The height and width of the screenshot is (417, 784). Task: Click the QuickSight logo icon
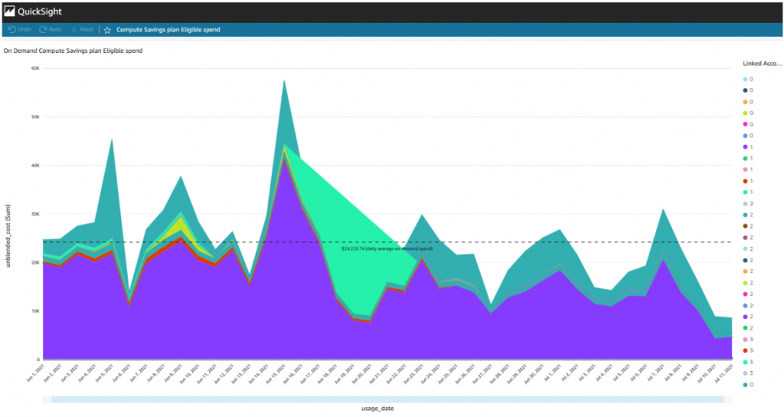pos(10,12)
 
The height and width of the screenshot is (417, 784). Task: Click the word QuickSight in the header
pos(41,12)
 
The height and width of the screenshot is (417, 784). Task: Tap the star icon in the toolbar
pos(107,30)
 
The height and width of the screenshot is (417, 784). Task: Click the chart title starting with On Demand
pos(73,50)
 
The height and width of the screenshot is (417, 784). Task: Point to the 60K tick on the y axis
pos(34,68)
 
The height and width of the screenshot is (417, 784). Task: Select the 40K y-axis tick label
pos(34,165)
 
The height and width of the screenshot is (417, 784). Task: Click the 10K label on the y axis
pos(34,311)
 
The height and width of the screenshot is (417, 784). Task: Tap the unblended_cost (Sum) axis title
pos(8,214)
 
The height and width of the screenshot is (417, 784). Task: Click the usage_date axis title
pos(377,409)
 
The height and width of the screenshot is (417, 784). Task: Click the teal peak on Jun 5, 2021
pos(112,153)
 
